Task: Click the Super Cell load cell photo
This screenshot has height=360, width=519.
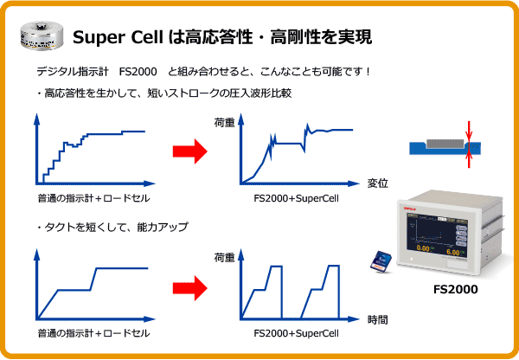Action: coord(42,36)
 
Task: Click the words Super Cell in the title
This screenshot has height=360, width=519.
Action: coord(118,37)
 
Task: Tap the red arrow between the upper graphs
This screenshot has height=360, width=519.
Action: coord(190,151)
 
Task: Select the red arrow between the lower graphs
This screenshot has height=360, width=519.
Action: coord(190,288)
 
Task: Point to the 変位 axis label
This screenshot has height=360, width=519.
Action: coord(378,183)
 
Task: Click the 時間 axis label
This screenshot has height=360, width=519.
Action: coord(378,319)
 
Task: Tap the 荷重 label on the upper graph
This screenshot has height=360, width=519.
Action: coord(224,123)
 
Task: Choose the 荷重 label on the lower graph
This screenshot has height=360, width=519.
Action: coord(224,257)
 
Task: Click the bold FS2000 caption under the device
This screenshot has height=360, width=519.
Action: coord(456,289)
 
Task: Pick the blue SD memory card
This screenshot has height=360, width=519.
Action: coord(381,262)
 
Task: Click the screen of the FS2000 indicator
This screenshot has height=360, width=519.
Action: coord(437,235)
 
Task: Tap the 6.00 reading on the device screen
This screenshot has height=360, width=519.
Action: coord(452,253)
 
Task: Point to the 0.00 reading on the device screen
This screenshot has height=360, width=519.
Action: coord(423,248)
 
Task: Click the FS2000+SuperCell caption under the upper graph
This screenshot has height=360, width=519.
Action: coord(296,198)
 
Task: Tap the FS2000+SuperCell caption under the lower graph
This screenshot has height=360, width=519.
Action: coord(296,333)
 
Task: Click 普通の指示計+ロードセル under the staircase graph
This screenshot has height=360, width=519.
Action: coord(93,198)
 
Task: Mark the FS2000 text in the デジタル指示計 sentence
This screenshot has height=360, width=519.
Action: coord(138,72)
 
